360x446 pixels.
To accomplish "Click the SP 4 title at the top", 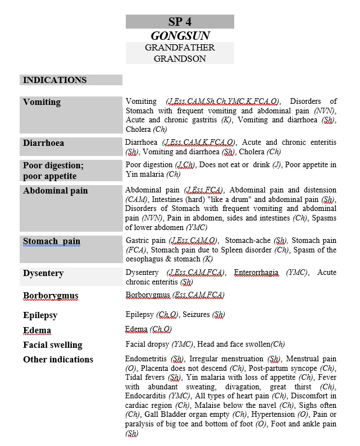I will [x=180, y=22].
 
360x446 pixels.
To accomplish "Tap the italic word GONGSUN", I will [x=180, y=36].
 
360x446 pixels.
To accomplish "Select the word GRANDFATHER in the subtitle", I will [x=180, y=48].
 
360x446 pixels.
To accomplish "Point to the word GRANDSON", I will [x=180, y=58].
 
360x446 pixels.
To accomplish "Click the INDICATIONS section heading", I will [x=55, y=80].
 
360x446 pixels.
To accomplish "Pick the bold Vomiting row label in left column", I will [x=42, y=102].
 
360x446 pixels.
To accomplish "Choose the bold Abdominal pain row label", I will [x=56, y=191].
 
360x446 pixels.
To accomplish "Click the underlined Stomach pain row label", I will [x=52, y=241].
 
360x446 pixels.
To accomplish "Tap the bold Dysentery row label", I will [x=43, y=273].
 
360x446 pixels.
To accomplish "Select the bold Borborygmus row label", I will [x=51, y=296].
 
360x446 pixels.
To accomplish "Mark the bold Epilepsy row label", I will [x=40, y=315].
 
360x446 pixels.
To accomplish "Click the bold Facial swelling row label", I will [x=52, y=344].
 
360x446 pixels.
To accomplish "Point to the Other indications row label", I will [x=58, y=359].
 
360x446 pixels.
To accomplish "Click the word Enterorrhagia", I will [x=256, y=272].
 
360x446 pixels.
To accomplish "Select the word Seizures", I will [x=197, y=315].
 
